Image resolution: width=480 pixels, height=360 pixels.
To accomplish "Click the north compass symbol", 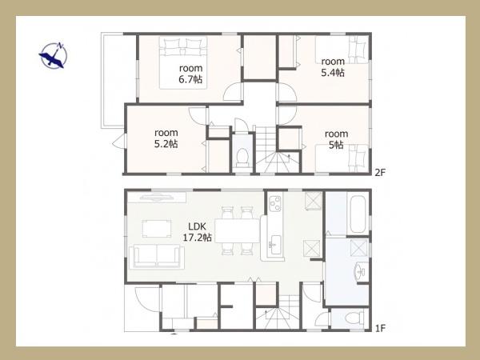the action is pyautogui.click(x=54, y=55).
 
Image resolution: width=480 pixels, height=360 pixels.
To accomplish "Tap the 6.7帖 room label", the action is pyautogui.click(x=190, y=74).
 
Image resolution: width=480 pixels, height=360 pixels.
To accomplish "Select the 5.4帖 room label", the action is pyautogui.click(x=333, y=67).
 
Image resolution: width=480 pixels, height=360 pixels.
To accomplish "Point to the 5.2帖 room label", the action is pyautogui.click(x=166, y=138).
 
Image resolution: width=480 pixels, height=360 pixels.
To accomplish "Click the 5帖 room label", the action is pyautogui.click(x=336, y=139).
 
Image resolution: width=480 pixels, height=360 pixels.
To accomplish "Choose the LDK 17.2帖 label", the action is pyautogui.click(x=197, y=232).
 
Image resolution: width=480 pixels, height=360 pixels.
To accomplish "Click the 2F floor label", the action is pyautogui.click(x=380, y=173).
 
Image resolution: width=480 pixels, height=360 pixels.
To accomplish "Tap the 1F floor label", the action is pyautogui.click(x=380, y=329).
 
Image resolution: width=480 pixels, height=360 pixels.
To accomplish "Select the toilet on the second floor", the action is pyautogui.click(x=242, y=157).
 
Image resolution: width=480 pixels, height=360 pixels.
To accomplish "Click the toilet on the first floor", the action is pyautogui.click(x=355, y=318).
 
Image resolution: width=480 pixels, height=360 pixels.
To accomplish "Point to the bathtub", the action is pyautogui.click(x=358, y=214).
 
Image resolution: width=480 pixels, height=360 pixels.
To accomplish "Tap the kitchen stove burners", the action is pyautogui.click(x=275, y=203).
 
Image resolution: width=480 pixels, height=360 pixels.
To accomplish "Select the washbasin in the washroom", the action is pyautogui.click(x=361, y=271).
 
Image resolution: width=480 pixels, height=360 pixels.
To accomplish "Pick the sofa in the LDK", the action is pyautogui.click(x=157, y=257).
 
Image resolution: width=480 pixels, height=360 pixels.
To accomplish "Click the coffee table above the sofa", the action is pyautogui.click(x=157, y=228).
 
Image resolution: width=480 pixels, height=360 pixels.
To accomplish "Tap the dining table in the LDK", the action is pyautogui.click(x=238, y=231).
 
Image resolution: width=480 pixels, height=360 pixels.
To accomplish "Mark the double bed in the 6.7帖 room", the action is pyautogui.click(x=183, y=62).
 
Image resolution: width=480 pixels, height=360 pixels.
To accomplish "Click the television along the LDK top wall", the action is pyautogui.click(x=157, y=198).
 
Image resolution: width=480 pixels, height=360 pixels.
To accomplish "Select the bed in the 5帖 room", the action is pyautogui.click(x=342, y=158).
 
